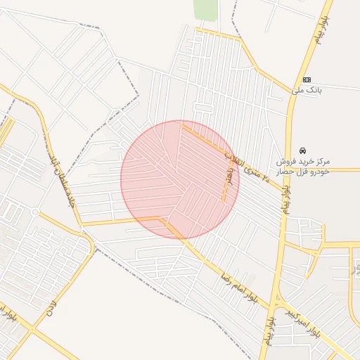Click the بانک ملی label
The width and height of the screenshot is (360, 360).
(x=307, y=90)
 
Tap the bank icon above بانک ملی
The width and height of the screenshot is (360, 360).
(x=307, y=79)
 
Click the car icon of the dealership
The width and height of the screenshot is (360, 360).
(x=302, y=150)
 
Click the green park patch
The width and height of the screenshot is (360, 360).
(x=205, y=9)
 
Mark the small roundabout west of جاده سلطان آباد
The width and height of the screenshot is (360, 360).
(x=35, y=212)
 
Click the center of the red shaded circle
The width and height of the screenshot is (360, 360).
(x=180, y=179)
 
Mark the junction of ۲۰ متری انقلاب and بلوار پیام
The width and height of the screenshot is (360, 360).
(x=288, y=169)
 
